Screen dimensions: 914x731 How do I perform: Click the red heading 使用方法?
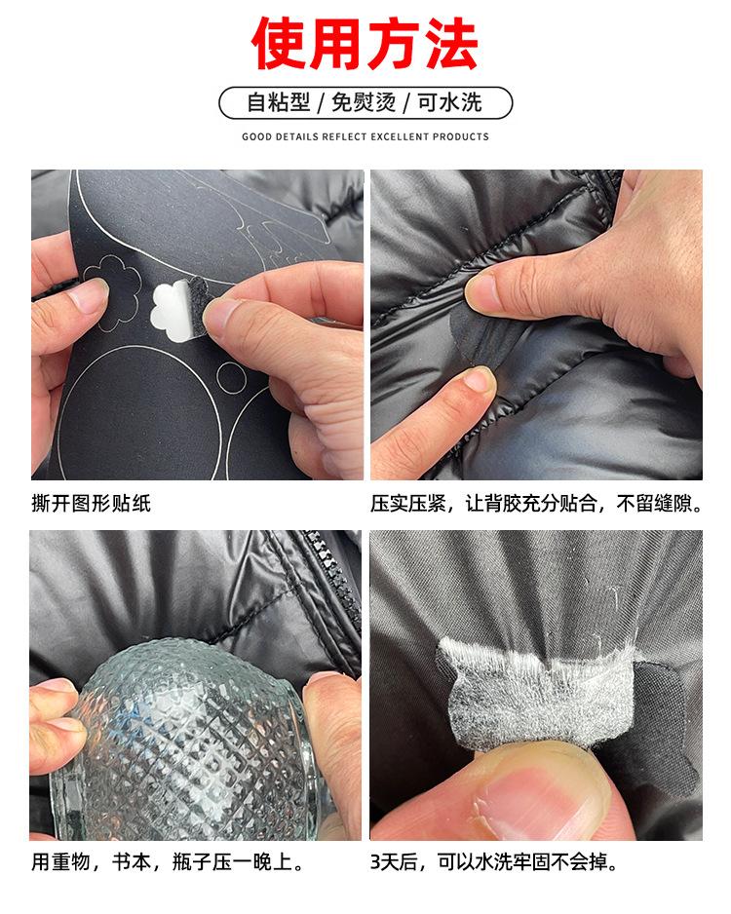pos(365,44)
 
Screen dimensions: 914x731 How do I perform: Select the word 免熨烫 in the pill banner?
pos(365,102)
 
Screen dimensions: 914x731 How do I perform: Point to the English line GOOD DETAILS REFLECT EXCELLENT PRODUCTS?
pos(365,136)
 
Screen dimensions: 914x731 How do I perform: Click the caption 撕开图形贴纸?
pos(92,504)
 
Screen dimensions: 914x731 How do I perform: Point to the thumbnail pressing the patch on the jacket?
pos(484,288)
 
